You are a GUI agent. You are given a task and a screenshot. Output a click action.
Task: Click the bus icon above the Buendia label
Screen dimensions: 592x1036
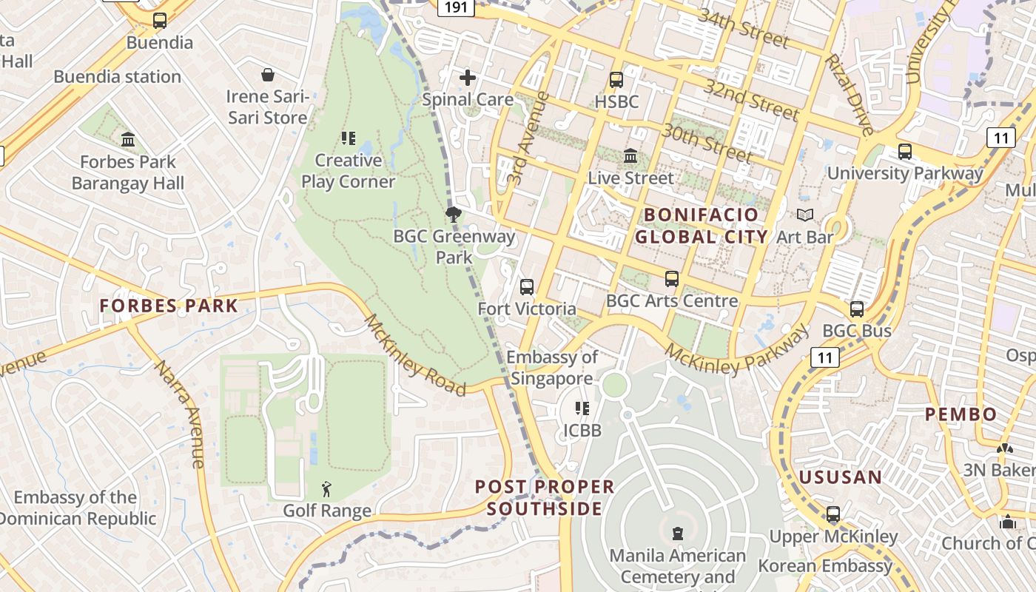(x=160, y=21)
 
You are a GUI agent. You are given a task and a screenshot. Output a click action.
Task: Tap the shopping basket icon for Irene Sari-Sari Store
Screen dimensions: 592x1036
(x=267, y=75)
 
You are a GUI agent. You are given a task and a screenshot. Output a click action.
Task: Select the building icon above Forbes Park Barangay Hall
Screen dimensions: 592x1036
(x=128, y=139)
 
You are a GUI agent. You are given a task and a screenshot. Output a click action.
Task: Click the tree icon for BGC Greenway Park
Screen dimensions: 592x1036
(x=454, y=215)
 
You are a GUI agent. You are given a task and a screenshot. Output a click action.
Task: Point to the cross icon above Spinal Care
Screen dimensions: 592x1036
(x=468, y=78)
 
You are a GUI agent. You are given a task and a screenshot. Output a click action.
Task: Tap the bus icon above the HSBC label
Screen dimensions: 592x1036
(x=616, y=80)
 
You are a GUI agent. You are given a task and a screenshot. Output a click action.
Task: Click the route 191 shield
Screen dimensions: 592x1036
(x=457, y=7)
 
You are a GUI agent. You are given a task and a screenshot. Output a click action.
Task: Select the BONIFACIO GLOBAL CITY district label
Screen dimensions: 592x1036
(x=701, y=226)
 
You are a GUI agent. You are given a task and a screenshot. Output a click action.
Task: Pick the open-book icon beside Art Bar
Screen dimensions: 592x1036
(x=805, y=215)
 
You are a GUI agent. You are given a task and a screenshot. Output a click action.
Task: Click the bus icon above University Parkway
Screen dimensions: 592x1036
(x=904, y=152)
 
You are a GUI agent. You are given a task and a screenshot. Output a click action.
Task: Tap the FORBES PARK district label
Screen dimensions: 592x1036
(x=169, y=306)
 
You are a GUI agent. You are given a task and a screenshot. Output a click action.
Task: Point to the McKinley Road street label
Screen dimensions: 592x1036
(x=414, y=355)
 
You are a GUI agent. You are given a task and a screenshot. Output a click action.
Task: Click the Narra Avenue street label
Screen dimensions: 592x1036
(x=180, y=414)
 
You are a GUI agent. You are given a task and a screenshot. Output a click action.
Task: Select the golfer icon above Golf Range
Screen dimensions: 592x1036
(x=326, y=489)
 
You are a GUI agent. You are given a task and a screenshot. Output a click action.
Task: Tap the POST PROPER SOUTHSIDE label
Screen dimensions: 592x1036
(x=545, y=497)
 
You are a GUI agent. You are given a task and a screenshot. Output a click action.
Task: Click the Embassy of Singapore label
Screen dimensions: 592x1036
(x=552, y=368)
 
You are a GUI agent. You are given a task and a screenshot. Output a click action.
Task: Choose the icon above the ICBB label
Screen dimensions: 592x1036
(x=582, y=408)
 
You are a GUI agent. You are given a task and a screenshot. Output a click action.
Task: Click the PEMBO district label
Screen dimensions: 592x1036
(x=961, y=414)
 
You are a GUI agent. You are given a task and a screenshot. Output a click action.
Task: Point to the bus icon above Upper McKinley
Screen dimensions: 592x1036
(x=833, y=514)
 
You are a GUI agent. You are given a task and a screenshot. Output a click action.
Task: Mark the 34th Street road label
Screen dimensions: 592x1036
(x=743, y=28)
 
